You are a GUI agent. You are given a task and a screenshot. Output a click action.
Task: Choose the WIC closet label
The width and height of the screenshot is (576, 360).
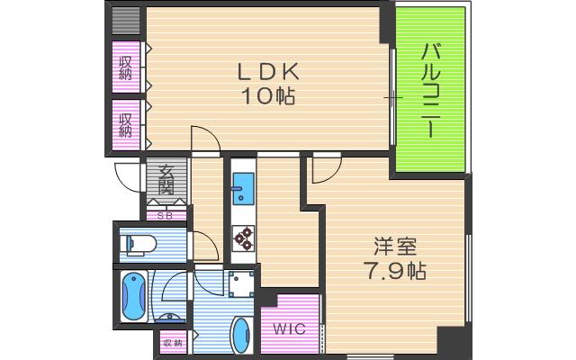[x=290, y=329]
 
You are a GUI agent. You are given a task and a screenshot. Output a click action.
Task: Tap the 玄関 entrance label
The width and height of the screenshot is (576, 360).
[x=166, y=181]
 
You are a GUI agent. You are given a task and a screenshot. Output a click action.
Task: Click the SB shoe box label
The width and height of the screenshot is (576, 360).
[x=166, y=215]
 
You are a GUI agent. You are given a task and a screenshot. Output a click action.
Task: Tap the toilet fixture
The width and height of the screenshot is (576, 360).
[x=139, y=243]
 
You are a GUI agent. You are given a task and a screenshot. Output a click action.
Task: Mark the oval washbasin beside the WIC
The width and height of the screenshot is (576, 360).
[x=242, y=337]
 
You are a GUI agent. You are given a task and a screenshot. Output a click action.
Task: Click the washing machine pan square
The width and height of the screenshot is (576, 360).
[x=240, y=285]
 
